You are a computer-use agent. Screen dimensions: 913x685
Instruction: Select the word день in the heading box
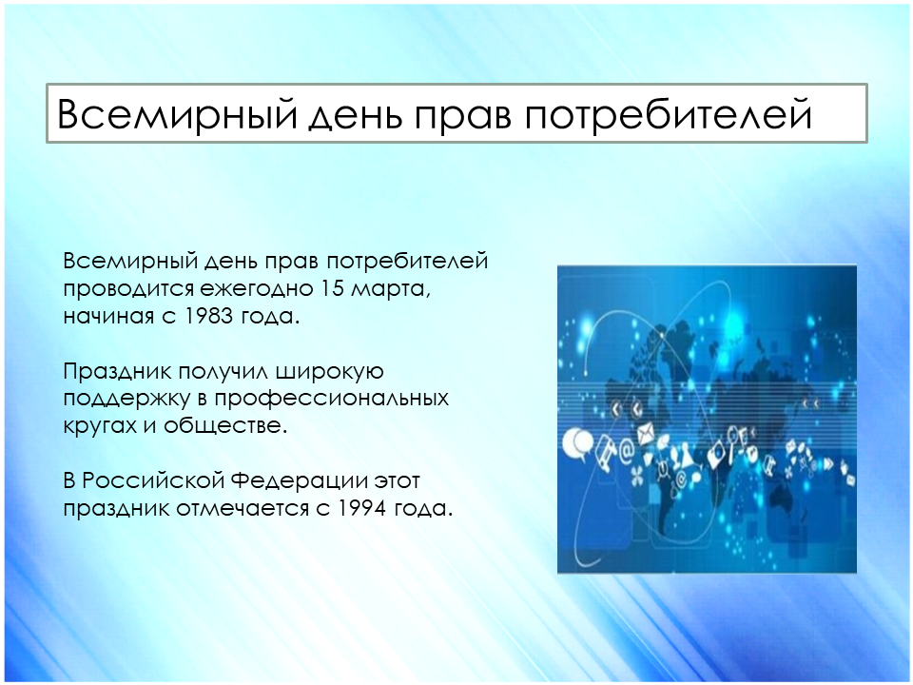pyautogui.click(x=355, y=115)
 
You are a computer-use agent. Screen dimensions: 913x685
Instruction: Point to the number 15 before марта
pyautogui.click(x=331, y=288)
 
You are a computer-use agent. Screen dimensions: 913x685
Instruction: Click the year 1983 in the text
pyautogui.click(x=206, y=316)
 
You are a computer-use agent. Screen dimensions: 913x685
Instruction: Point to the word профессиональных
pyautogui.click(x=332, y=400)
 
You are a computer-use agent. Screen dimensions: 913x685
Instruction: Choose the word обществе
pyautogui.click(x=225, y=425)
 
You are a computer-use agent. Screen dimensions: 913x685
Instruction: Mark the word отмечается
pyautogui.click(x=243, y=509)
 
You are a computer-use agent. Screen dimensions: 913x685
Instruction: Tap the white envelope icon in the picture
pyautogui.click(x=647, y=435)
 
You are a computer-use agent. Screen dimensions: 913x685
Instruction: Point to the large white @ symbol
pyautogui.click(x=626, y=451)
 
